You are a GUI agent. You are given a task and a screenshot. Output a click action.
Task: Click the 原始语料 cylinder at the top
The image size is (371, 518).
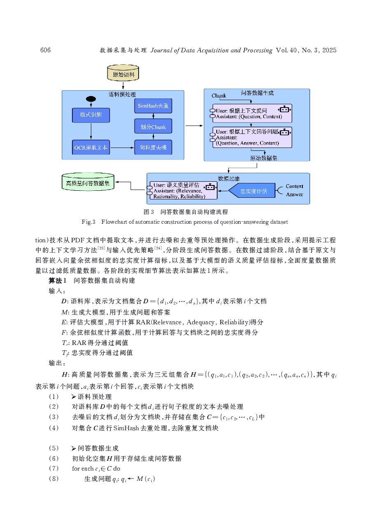point(123,73)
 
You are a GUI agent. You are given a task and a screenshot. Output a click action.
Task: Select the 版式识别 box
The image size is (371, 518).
point(91,115)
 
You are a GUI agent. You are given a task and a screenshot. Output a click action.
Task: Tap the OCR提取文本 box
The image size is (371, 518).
point(91,147)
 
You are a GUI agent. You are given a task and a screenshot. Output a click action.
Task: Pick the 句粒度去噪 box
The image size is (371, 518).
point(153,147)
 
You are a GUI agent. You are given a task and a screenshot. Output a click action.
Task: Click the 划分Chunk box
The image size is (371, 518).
point(153,127)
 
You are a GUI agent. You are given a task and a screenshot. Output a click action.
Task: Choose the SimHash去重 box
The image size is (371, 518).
point(153,106)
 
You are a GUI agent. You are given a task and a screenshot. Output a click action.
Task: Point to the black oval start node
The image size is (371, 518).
point(91,99)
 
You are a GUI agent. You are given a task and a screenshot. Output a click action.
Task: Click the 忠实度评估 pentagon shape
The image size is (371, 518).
point(252,191)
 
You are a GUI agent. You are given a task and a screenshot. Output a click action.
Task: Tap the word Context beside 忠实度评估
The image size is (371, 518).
point(294,186)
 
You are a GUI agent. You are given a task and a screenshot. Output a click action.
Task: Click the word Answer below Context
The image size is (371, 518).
point(294,195)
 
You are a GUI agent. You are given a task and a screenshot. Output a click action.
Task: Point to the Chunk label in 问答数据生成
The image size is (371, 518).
point(219,96)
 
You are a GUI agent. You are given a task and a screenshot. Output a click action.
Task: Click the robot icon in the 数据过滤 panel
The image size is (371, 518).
point(211,187)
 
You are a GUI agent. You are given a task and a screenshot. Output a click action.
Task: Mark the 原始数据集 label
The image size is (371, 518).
point(264,158)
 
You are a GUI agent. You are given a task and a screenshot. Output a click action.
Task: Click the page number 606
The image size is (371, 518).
point(45,50)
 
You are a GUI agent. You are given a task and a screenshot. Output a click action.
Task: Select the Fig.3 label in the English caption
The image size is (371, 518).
point(88,222)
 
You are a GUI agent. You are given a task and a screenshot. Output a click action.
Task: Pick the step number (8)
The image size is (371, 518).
point(54,479)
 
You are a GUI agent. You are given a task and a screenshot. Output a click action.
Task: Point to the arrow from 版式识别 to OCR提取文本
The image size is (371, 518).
point(91,131)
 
